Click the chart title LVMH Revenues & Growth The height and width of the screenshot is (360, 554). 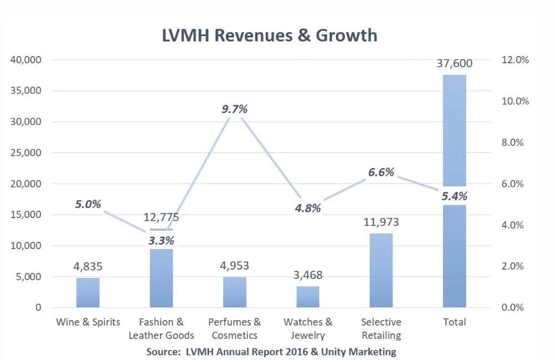(270, 36)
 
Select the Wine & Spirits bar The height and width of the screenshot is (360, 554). (88, 292)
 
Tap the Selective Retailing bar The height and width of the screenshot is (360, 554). (381, 270)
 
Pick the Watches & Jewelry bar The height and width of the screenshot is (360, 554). (308, 297)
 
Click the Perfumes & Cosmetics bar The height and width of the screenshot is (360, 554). (234, 292)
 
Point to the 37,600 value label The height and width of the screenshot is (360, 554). (454, 63)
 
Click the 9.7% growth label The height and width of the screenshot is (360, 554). (234, 109)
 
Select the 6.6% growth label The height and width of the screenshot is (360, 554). (381, 173)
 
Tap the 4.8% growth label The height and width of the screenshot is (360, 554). (308, 209)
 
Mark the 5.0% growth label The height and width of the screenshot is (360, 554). (88, 204)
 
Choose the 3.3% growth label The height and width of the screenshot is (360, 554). (161, 241)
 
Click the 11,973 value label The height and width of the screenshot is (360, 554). (381, 222)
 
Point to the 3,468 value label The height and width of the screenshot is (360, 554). (308, 275)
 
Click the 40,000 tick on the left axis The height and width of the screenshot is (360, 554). (26, 60)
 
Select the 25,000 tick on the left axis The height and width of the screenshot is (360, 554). (26, 153)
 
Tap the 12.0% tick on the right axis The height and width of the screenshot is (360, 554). (516, 60)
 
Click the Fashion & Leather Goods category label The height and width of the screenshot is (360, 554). (161, 328)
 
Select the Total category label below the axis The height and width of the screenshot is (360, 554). (454, 322)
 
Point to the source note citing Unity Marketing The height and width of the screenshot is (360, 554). (271, 352)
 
